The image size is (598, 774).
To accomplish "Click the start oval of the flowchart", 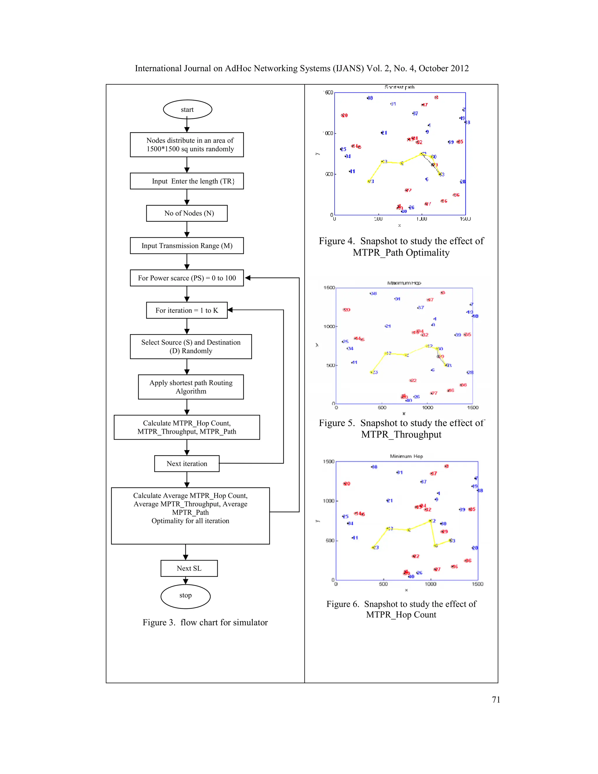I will [x=187, y=110].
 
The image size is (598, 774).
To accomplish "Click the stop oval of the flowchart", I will [x=185, y=596].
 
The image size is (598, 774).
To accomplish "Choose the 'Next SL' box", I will [x=189, y=568].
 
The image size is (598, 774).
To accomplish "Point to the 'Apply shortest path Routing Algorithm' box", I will [x=191, y=387].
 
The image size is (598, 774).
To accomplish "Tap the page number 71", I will [x=496, y=700].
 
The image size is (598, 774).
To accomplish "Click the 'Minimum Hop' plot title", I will [x=406, y=456].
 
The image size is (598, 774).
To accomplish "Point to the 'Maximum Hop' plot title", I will [x=404, y=283].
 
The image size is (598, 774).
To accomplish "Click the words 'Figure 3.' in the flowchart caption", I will [x=159, y=623].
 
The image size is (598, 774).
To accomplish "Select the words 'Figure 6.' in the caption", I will [x=343, y=604].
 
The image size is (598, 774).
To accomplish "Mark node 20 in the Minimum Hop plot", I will [x=347, y=484].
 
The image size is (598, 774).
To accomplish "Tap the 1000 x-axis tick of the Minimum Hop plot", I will [x=430, y=584].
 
